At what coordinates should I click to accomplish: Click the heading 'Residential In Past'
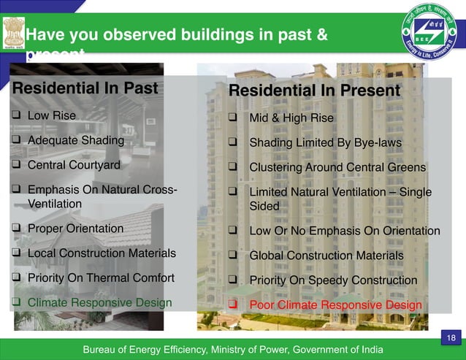tap(85, 90)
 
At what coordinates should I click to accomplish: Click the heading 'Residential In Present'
tap(315, 91)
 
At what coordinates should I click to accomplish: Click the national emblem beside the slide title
tap(12, 34)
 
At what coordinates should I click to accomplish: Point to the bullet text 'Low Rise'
tap(51, 115)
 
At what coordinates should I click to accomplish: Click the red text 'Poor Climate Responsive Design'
tap(335, 305)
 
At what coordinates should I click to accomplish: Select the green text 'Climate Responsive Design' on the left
tap(99, 302)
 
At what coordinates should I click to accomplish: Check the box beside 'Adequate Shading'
tap(16, 140)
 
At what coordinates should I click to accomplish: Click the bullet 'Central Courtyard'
tap(74, 165)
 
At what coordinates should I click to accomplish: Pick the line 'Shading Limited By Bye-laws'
tap(325, 142)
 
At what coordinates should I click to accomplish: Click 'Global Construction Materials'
tap(326, 256)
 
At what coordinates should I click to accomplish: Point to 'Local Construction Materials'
tap(102, 253)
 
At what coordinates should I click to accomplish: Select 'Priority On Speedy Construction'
tap(333, 280)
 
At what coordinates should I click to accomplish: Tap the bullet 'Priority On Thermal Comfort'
tap(101, 277)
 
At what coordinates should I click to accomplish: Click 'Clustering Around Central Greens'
tap(337, 167)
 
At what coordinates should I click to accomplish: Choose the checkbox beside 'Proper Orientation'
tap(16, 229)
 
